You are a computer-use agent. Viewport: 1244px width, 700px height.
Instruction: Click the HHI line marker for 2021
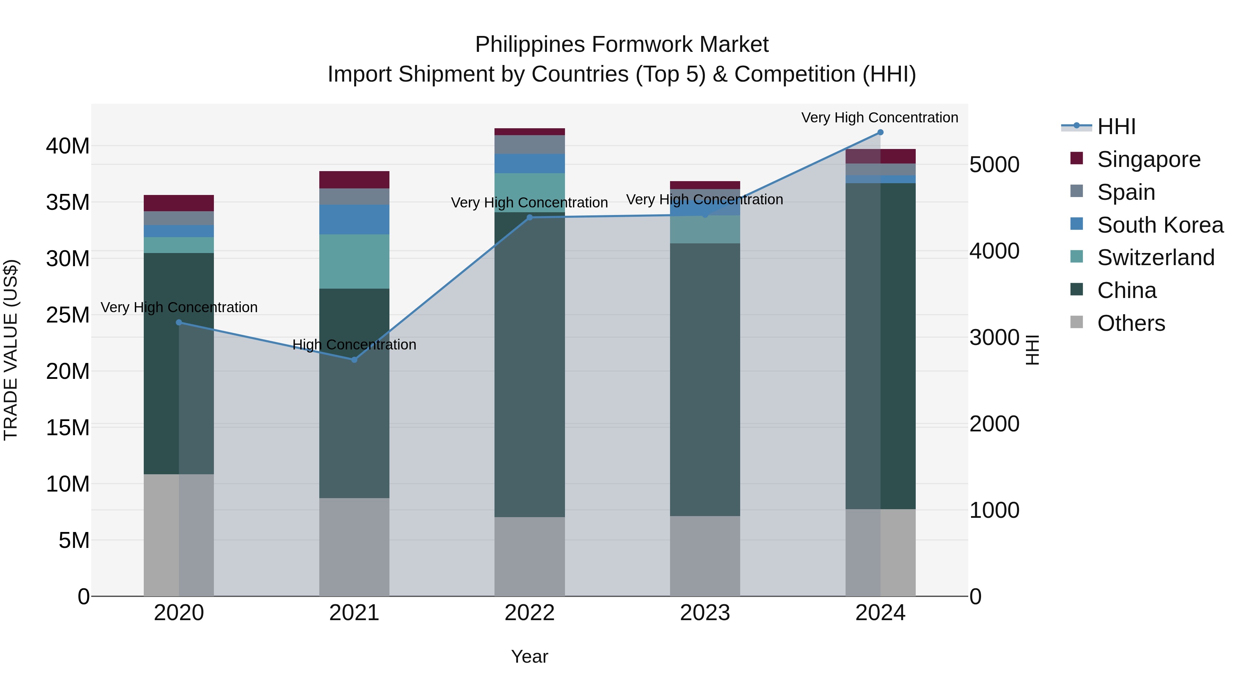354,360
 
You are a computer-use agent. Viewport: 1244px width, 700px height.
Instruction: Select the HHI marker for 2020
179,322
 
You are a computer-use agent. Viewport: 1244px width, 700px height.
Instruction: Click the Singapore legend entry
1148,159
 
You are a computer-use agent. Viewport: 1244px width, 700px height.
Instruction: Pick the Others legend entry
1131,323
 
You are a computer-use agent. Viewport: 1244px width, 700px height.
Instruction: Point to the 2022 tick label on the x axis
529,613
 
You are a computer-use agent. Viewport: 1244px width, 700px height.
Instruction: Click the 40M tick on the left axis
68,146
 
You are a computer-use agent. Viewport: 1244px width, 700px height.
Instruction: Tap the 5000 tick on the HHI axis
994,165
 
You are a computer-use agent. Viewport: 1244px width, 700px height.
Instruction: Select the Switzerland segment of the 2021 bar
354,261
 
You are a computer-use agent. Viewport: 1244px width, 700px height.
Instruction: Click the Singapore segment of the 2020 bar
179,203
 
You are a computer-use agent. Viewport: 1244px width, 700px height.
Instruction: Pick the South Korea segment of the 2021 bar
354,219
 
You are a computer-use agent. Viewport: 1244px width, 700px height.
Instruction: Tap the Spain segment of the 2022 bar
529,144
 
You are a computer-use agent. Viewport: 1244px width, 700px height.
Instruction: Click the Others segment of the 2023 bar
705,556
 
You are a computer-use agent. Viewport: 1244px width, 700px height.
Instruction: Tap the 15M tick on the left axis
68,428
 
